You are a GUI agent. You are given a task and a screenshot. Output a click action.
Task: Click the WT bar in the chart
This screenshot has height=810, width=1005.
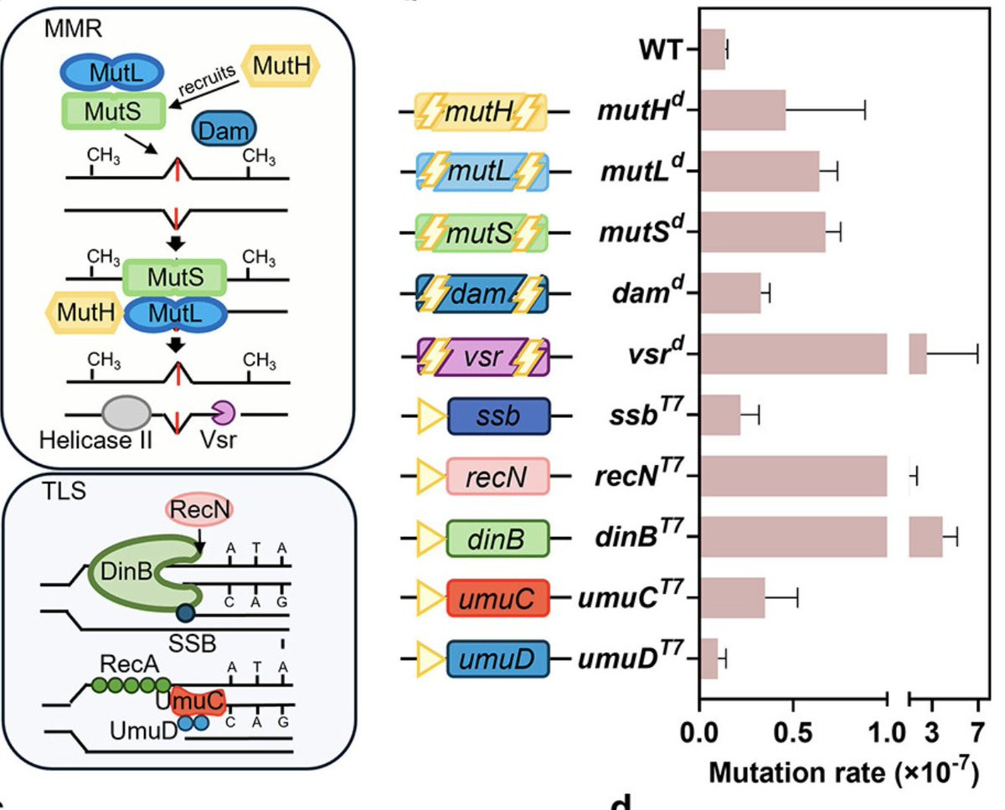[713, 49]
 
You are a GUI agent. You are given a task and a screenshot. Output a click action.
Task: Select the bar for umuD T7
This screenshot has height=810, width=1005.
[709, 658]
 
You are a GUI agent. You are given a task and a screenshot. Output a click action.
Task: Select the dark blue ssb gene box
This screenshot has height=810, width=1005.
[499, 415]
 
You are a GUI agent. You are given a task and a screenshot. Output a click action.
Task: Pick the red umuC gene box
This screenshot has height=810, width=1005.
[499, 598]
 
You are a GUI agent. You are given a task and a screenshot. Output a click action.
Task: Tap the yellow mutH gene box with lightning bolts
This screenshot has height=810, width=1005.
[482, 111]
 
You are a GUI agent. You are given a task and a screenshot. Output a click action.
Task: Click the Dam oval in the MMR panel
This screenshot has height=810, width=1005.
[225, 130]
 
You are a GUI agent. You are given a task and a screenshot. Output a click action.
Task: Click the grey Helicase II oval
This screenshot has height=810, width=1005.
[126, 414]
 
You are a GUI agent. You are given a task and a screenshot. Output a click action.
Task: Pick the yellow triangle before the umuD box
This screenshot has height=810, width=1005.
[429, 658]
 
